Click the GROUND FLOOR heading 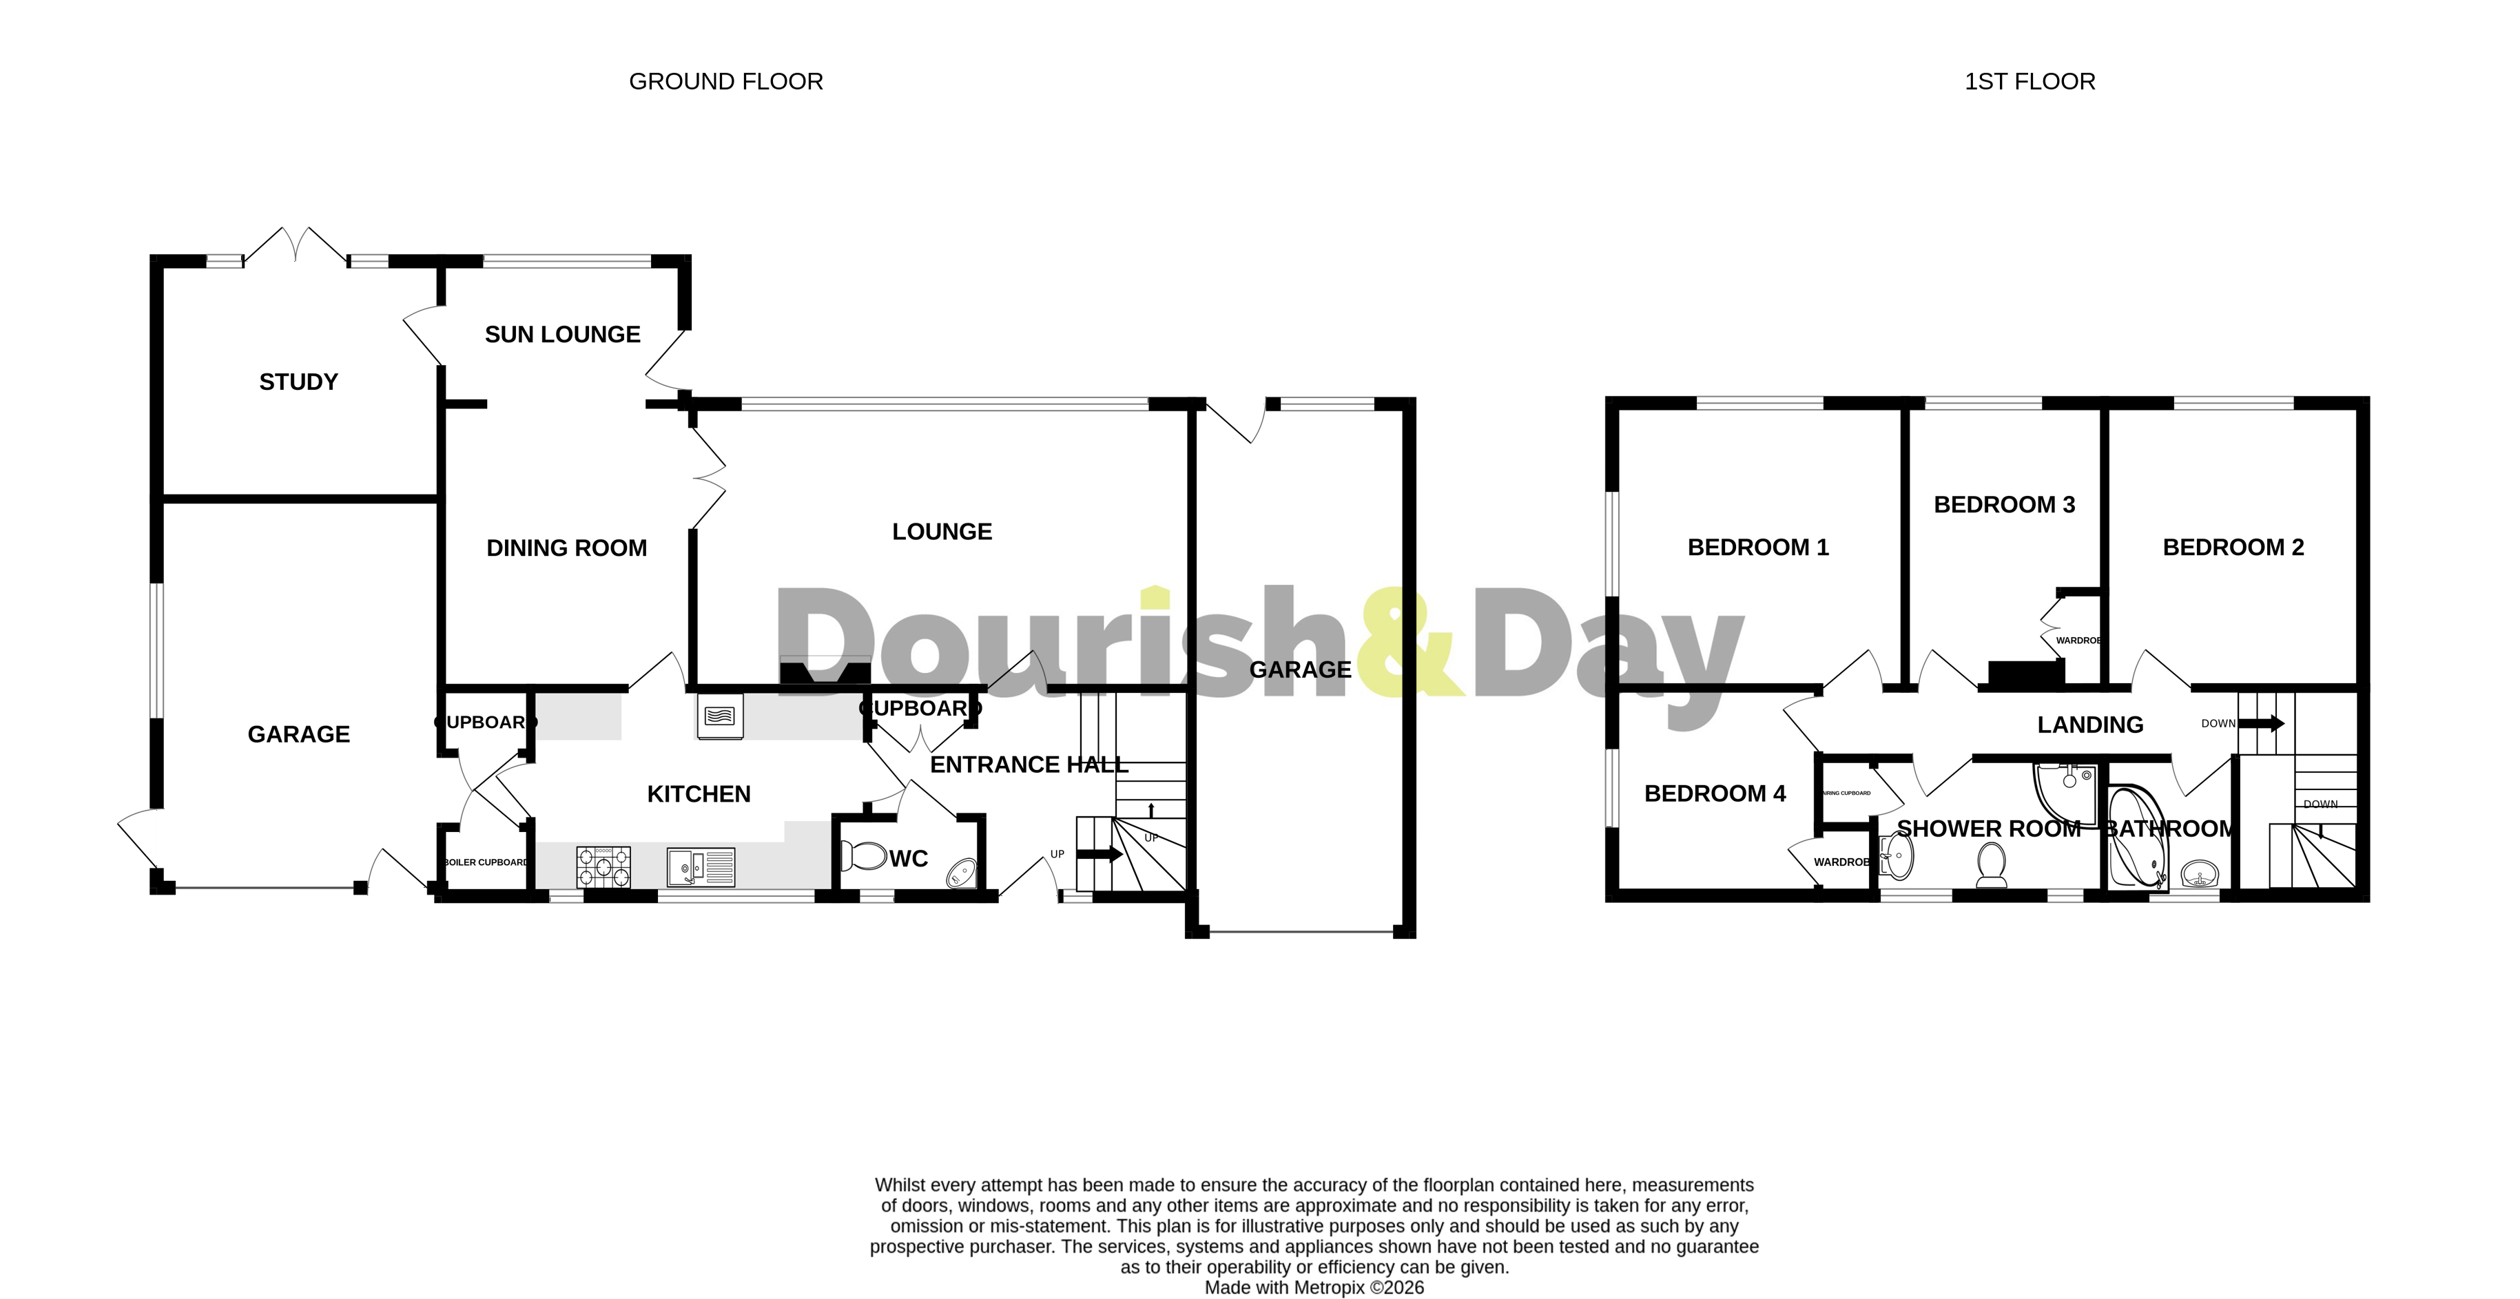point(726,81)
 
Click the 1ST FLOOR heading point(2030,81)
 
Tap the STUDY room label point(298,382)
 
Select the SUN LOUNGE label point(563,335)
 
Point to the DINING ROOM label point(566,548)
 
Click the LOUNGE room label point(941,531)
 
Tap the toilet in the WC point(862,856)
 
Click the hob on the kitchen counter point(603,866)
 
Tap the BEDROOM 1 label point(1758,548)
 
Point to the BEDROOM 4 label point(1715,793)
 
